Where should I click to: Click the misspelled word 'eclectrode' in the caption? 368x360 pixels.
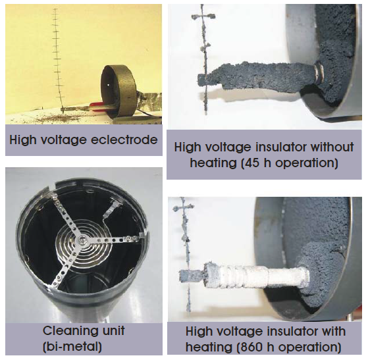[124, 140]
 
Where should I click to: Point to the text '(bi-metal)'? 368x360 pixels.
[72, 346]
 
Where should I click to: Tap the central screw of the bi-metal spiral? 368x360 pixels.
[81, 240]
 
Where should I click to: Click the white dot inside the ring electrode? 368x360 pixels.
[108, 85]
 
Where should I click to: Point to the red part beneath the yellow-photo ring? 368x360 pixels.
[99, 105]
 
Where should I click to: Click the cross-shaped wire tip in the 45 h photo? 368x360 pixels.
[203, 17]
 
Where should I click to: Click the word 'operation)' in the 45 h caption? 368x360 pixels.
[307, 163]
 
